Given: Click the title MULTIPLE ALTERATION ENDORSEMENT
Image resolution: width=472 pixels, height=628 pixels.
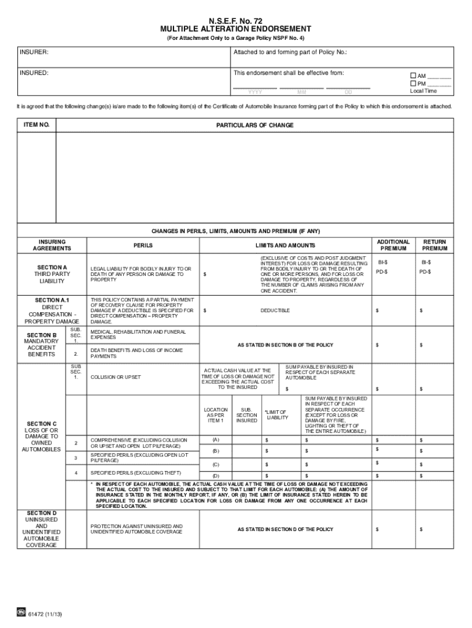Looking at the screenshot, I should pos(235,29).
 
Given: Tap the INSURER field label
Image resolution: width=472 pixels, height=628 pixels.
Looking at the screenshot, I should pos(34,53).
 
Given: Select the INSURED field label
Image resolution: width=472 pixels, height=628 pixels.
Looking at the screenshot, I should pos(34,73).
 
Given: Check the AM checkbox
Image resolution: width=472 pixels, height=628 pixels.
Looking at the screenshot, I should pos(413,76).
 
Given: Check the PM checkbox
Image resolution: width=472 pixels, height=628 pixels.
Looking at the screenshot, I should pos(413,83).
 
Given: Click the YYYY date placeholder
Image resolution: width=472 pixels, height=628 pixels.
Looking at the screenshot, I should pos(255,92).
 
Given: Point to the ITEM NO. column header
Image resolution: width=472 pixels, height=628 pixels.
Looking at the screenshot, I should pos(36,125).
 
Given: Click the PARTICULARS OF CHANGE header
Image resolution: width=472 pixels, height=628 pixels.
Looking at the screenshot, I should pos(254,125).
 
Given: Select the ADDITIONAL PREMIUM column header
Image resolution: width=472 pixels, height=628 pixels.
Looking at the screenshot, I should pos(393,245).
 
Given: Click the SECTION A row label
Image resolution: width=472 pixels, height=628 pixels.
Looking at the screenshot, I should pos(51,267).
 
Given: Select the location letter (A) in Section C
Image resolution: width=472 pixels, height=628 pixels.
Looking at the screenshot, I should pos(215,440).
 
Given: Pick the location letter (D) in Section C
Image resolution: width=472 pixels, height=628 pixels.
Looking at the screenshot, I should pos(215,475).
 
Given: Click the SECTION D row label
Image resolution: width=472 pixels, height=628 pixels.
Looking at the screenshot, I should pos(41,513).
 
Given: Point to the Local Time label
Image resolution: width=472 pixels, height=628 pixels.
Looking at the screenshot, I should pos(423,91).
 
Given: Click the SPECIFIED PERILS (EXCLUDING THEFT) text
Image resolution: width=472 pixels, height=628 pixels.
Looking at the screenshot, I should pos(129,473).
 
